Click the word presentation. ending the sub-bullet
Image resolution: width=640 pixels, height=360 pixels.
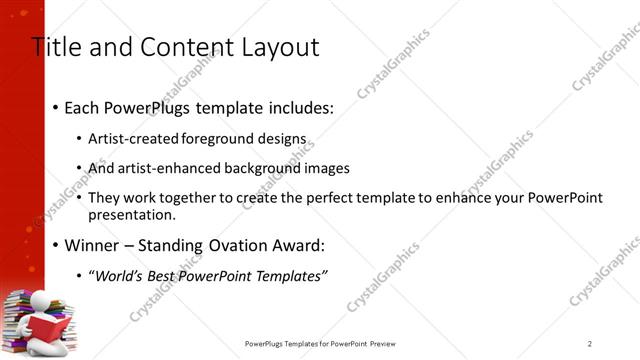(x=132, y=214)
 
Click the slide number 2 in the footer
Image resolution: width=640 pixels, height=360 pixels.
(x=590, y=344)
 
